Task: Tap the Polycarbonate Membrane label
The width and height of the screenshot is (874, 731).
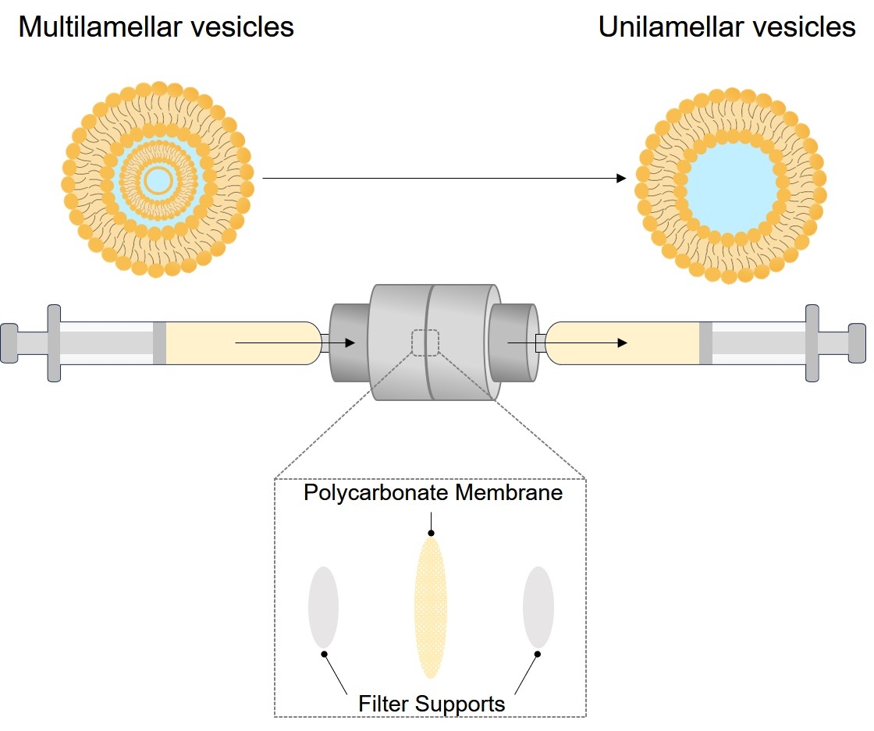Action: click(x=433, y=493)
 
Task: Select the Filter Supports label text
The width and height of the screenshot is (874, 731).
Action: click(x=432, y=703)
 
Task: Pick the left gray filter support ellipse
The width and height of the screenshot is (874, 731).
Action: click(x=323, y=607)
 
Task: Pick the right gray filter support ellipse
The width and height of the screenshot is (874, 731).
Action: click(x=538, y=607)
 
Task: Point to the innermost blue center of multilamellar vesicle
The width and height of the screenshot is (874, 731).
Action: click(x=158, y=180)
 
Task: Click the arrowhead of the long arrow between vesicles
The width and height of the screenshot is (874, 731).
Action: click(x=621, y=179)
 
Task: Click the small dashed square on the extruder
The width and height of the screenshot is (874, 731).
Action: click(x=425, y=343)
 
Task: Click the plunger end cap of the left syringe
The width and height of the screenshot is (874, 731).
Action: click(x=9, y=342)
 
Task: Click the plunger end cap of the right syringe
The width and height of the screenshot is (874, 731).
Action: click(x=857, y=342)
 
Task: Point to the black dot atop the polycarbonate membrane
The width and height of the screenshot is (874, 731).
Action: click(x=430, y=534)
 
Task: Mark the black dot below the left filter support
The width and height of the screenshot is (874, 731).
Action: click(x=324, y=654)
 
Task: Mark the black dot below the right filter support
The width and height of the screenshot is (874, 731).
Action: click(x=537, y=654)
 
